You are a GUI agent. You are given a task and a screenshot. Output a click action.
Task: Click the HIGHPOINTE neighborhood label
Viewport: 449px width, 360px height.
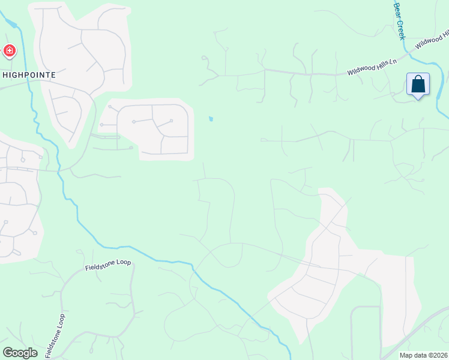[x=29, y=75]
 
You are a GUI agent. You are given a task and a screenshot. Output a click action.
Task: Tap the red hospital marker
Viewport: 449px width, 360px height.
[x=10, y=51]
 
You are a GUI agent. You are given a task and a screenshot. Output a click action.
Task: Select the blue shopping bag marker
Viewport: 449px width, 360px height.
[x=418, y=85]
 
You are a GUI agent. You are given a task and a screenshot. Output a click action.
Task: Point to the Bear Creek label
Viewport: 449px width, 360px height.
[x=400, y=21]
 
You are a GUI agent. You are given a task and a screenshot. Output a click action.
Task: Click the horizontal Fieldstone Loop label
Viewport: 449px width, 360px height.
[x=107, y=263]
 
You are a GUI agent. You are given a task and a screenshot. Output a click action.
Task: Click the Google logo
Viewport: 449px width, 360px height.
[x=20, y=353]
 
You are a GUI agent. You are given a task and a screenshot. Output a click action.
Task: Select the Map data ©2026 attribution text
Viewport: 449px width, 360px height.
[x=423, y=355]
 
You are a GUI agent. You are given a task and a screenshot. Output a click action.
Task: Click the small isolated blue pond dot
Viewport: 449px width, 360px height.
[x=211, y=119]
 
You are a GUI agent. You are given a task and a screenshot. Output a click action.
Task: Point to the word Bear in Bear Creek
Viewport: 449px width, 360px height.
[x=397, y=9]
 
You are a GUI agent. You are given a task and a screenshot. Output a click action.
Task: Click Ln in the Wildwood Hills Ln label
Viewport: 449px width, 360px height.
[x=393, y=61]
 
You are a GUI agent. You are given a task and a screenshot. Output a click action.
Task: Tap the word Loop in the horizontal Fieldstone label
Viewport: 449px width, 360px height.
[x=122, y=263]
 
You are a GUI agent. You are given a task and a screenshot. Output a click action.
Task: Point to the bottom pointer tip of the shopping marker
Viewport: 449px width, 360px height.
[x=418, y=98]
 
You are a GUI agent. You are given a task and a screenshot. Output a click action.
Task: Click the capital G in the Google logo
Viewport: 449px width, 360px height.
[x=8, y=352]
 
